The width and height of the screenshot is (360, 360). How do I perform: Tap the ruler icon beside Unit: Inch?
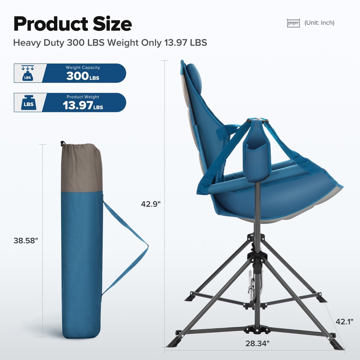tap(294, 23)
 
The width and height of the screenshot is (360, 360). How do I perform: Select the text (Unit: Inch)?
tap(319, 23)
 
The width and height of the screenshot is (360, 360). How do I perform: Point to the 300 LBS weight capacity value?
tap(83, 76)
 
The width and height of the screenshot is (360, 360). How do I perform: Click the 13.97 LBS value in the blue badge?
tap(83, 106)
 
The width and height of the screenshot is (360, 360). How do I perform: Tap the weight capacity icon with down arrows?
tap(28, 73)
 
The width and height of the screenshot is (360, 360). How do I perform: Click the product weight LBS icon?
tap(28, 103)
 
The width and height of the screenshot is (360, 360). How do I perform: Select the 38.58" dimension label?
tap(26, 241)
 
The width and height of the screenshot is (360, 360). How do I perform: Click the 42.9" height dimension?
tap(151, 204)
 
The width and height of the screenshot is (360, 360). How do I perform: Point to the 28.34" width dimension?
tap(258, 343)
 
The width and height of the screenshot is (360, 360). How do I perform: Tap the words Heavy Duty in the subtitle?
tap(39, 42)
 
